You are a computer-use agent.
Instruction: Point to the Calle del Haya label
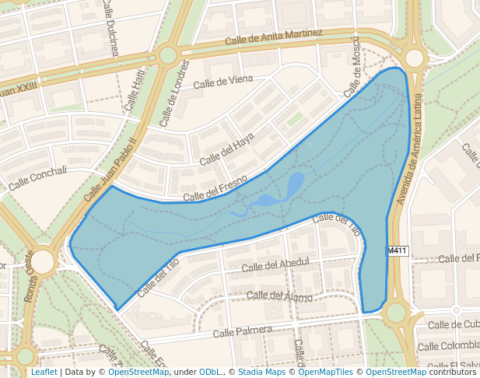coord(227,149)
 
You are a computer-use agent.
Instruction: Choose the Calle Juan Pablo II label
coord(110,169)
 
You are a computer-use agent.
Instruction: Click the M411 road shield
coord(397,250)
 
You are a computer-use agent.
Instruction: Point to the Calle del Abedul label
coord(275,265)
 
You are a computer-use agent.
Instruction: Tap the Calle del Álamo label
coord(279,296)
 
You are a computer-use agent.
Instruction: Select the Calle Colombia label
coord(448,345)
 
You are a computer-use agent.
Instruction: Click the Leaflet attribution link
coord(44,372)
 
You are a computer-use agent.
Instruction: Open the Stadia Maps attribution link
coord(261,372)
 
